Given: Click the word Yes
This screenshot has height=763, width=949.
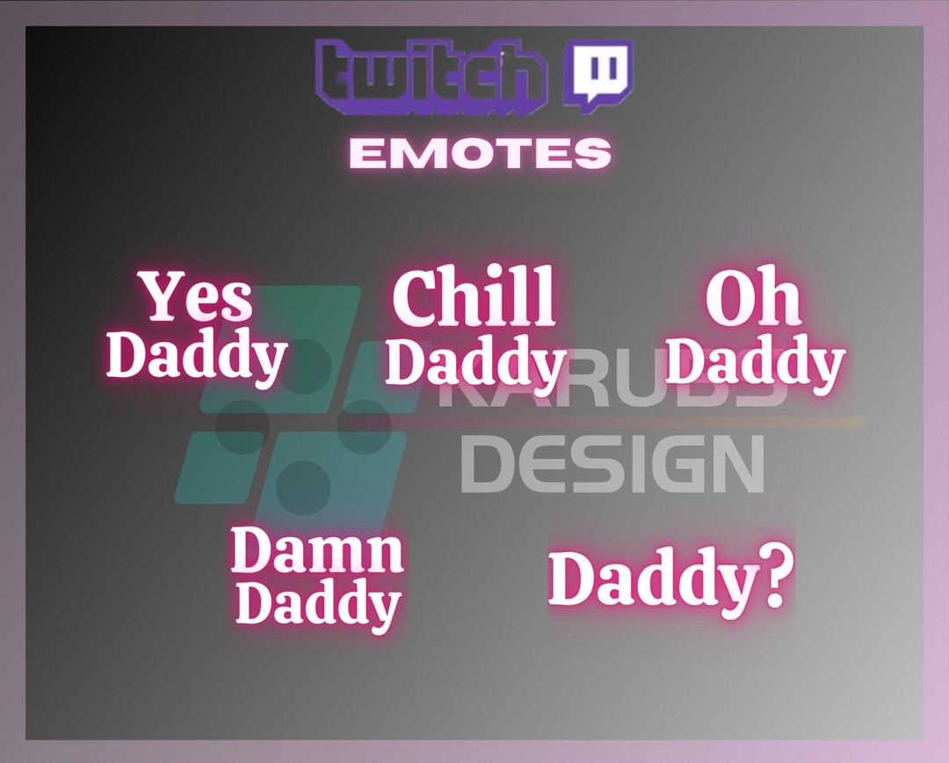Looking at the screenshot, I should coord(198,297).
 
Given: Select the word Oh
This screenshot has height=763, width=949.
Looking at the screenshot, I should coord(754,299).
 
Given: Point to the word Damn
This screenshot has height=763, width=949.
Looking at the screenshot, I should coord(317,551).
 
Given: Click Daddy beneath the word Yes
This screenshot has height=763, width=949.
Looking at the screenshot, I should coord(197,356).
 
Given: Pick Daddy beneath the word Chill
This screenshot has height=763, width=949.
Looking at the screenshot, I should coord(475,362).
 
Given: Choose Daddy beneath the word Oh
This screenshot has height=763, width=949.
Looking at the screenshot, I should coord(755,360).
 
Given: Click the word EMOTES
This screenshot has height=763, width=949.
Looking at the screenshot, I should coord(480,154).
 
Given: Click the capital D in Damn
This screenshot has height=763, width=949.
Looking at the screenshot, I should coord(250,551).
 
